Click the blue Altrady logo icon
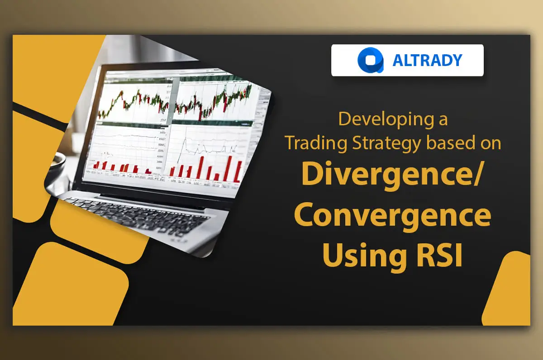pyautogui.click(x=371, y=60)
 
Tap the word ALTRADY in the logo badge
pyautogui.click(x=427, y=60)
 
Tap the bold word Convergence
pyautogui.click(x=392, y=216)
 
